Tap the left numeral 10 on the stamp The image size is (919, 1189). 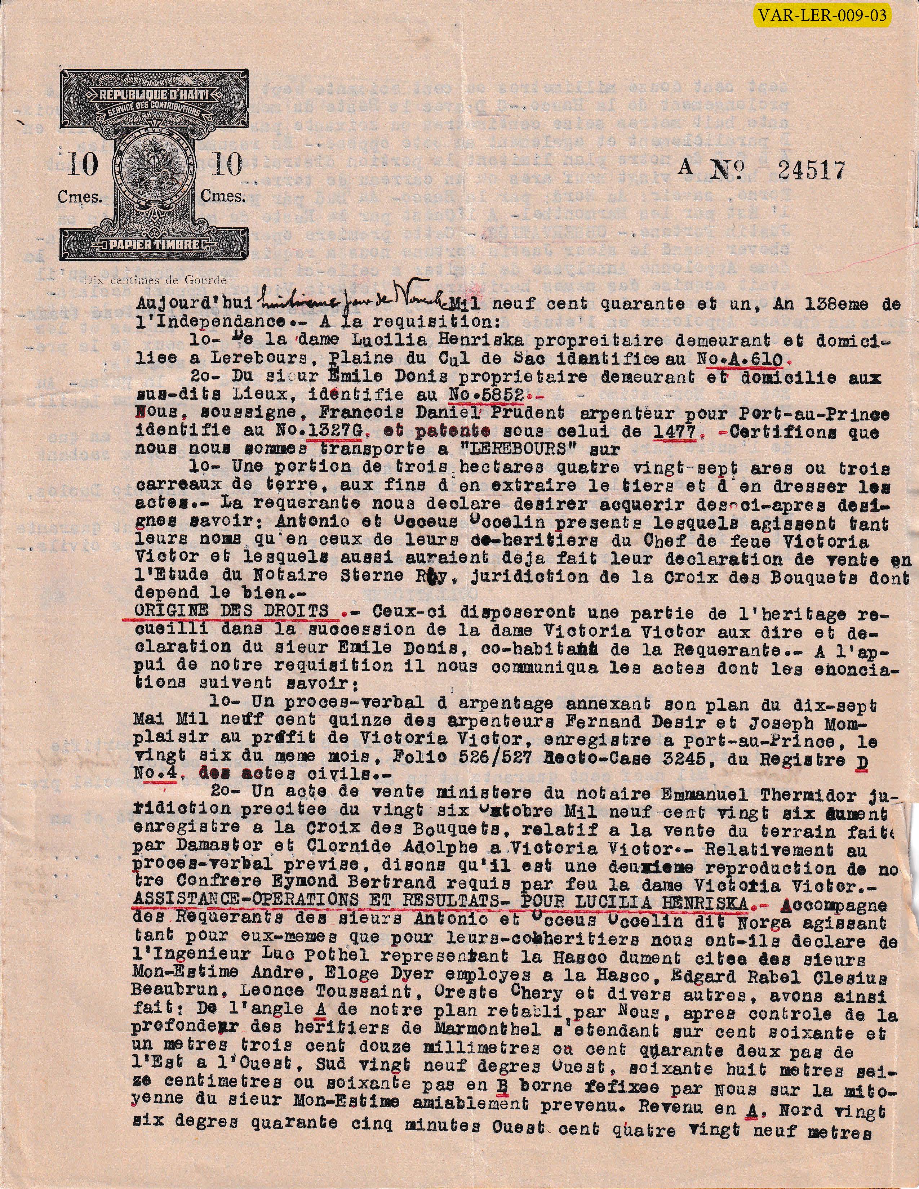pos(83,165)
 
